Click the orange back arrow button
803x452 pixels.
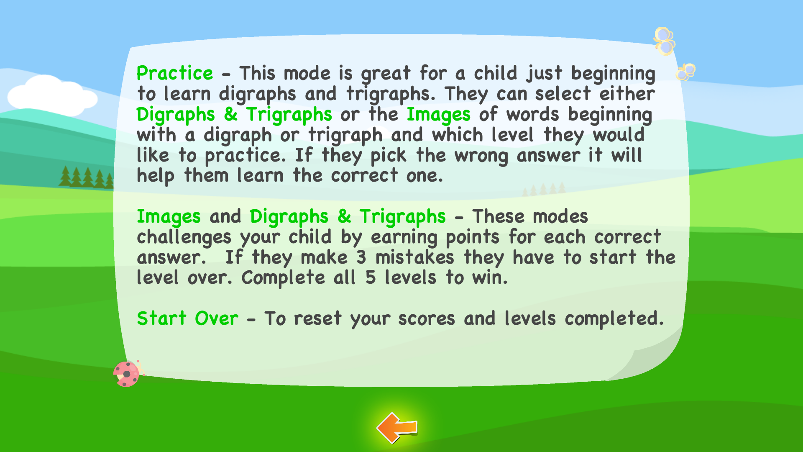coord(397,427)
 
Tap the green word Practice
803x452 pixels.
coord(175,74)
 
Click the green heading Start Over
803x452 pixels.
coord(187,318)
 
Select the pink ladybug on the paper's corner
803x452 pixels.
coord(127,373)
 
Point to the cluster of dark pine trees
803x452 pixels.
coord(86,177)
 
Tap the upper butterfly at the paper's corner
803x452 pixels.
coord(664,41)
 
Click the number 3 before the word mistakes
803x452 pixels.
coord(361,257)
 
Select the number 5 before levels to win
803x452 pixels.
coord(371,278)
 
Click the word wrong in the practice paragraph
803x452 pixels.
coord(481,156)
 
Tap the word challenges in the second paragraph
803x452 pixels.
coord(184,238)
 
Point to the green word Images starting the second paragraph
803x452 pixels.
coord(169,217)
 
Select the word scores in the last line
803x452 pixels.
coord(426,319)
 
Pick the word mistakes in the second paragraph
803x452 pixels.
coord(414,257)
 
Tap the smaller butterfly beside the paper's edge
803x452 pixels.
coord(685,72)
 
